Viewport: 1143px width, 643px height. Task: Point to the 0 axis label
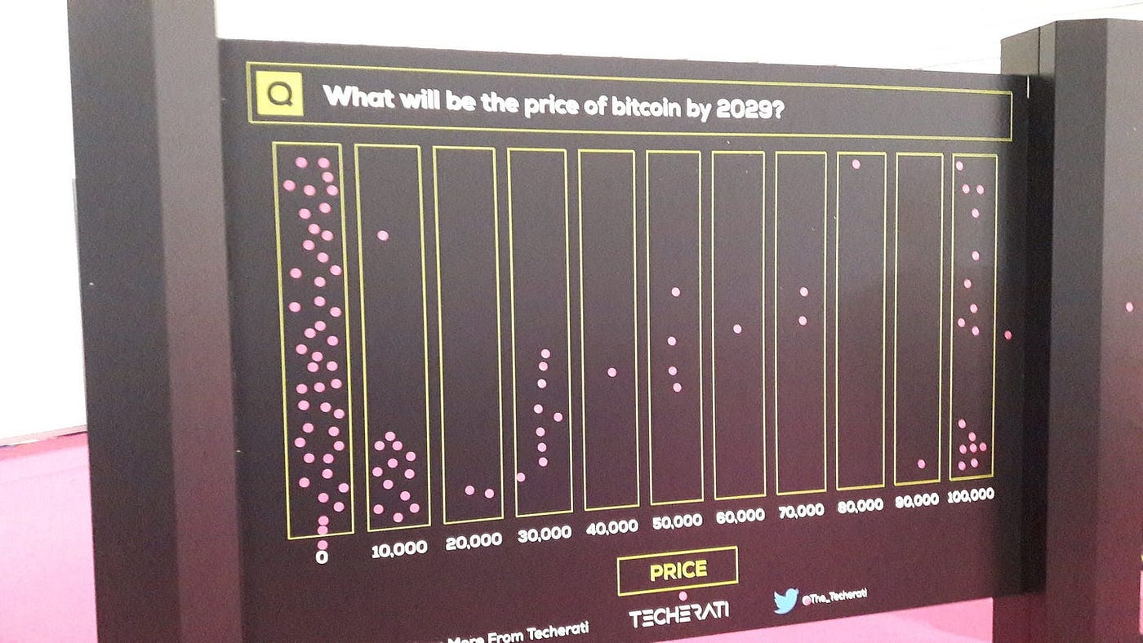tap(322, 558)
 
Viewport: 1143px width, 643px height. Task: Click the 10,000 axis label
tap(398, 549)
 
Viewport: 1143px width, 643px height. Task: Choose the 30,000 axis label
tap(545, 534)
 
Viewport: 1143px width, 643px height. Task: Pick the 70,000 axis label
tap(799, 511)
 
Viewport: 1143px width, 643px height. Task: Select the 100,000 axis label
tap(971, 494)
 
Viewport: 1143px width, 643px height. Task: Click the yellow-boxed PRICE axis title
tap(678, 570)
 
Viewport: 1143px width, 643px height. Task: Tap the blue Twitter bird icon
tap(785, 601)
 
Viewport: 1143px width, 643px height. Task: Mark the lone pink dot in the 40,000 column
tap(612, 372)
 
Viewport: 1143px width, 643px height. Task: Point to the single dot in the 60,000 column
tap(737, 329)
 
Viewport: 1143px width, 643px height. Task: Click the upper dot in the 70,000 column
tap(803, 291)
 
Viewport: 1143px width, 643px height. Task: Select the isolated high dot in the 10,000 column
tap(382, 235)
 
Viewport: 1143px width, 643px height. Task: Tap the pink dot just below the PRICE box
tap(683, 596)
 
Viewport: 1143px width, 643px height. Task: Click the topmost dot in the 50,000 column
tap(675, 291)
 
